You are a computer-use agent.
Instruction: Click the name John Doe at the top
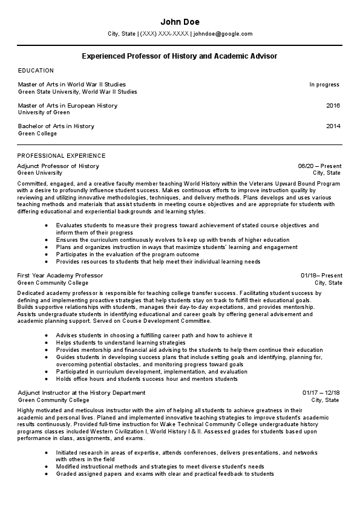tap(180, 22)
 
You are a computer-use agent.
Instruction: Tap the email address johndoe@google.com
tap(223, 34)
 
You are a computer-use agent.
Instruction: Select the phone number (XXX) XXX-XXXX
tap(164, 34)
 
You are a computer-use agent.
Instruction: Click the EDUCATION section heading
tap(36, 71)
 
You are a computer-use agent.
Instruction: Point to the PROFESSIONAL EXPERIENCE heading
tap(62, 155)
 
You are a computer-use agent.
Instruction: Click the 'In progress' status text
tap(324, 85)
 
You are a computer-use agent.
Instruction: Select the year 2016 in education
tap(333, 106)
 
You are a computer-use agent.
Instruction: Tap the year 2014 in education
tap(333, 126)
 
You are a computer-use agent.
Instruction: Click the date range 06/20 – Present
tap(319, 166)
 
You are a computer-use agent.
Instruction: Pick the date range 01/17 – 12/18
tap(321, 392)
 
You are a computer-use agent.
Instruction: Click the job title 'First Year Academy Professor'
tap(60, 276)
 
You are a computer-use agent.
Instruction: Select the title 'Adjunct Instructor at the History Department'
tap(82, 393)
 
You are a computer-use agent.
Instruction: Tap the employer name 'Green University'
tap(40, 173)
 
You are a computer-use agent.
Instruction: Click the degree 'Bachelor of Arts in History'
tap(56, 126)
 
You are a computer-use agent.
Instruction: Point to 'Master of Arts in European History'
tap(68, 106)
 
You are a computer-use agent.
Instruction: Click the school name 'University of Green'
tap(44, 112)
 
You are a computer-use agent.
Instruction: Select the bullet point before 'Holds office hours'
tap(47, 379)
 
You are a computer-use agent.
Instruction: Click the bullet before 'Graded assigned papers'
tap(47, 474)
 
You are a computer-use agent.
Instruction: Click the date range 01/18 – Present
tap(321, 276)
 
